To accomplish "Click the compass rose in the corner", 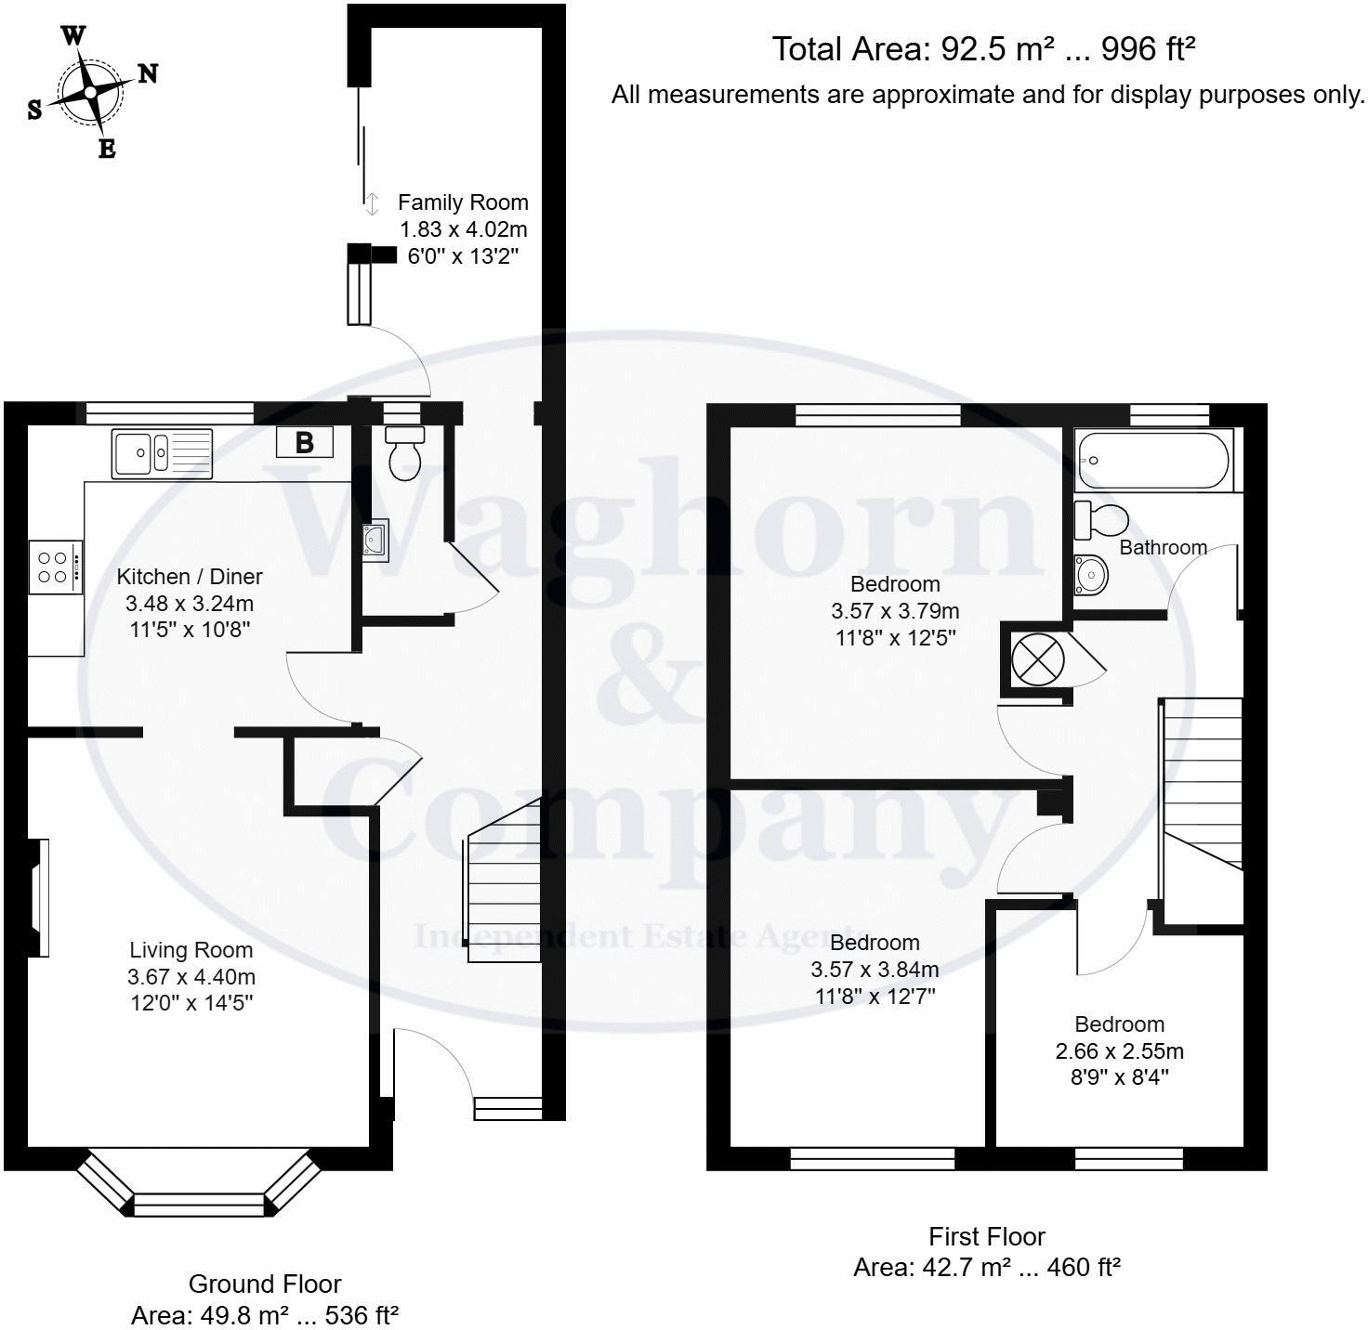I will click(x=91, y=92).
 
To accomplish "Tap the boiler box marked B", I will click(x=305, y=443).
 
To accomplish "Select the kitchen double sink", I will click(x=162, y=454).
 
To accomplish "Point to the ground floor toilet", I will click(x=404, y=453).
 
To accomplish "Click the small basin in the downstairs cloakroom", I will click(x=376, y=539).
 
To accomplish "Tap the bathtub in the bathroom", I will click(x=1152, y=461).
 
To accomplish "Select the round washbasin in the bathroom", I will click(x=1091, y=575).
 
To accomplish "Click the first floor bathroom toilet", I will click(x=1099, y=520).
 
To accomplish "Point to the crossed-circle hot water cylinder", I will click(x=1037, y=660).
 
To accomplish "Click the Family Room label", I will click(x=463, y=202).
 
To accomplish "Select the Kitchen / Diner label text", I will click(x=190, y=577).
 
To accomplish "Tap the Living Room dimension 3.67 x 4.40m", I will click(x=191, y=977).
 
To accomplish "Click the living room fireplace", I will click(x=38, y=897).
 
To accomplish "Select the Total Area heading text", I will click(x=983, y=49).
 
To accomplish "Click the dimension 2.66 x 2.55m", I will click(x=1120, y=1051).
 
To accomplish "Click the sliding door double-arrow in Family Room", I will click(x=372, y=203).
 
